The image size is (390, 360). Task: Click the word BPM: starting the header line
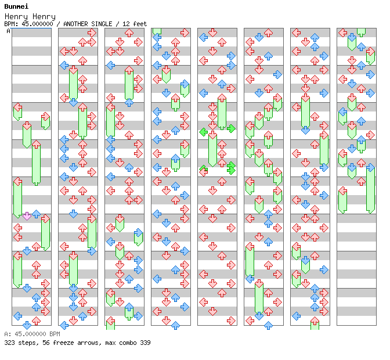10,24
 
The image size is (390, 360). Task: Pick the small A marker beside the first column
9,31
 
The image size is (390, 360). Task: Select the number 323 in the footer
10,343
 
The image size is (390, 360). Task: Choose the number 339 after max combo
145,343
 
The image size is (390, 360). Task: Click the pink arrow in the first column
27,216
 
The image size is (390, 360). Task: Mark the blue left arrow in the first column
17,316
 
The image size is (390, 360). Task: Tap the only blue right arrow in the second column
92,251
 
